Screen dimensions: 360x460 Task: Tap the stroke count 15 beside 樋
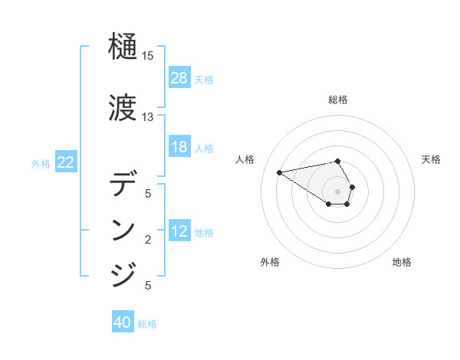point(148,56)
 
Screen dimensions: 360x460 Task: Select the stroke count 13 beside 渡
point(148,116)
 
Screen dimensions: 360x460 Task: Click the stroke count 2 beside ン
point(148,240)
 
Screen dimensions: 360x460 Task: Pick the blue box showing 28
point(179,78)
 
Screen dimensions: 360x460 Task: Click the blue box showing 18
point(179,147)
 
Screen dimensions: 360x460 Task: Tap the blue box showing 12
point(179,232)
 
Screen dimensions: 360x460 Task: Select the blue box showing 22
point(66,162)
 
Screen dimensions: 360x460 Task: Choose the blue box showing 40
point(123,323)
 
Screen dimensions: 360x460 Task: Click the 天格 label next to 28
point(204,79)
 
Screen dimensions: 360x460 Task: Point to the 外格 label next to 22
point(41,163)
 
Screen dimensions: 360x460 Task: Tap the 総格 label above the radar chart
point(338,100)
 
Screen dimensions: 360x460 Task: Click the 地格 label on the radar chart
point(402,262)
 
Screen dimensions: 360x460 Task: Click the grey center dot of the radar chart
point(338,191)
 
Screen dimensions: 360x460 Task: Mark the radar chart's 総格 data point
point(338,161)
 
